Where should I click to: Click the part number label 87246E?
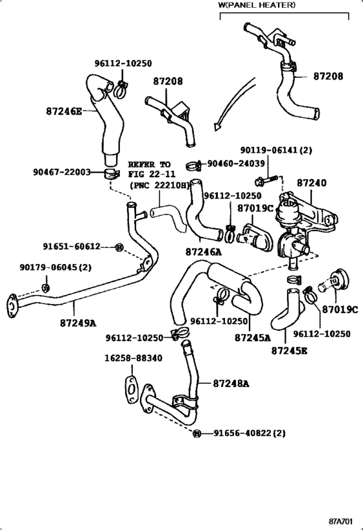pos(64,111)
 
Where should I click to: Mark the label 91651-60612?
pos(72,247)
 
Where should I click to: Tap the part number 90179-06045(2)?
pos(55,267)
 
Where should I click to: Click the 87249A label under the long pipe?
pos(78,322)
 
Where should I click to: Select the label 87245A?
pos(252,337)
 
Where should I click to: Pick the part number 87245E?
pos(289,350)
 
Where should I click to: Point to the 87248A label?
pos(231,383)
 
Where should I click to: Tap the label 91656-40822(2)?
pos(250,432)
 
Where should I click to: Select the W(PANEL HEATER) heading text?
pos(257,5)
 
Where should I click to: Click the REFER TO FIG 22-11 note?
pos(149,174)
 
